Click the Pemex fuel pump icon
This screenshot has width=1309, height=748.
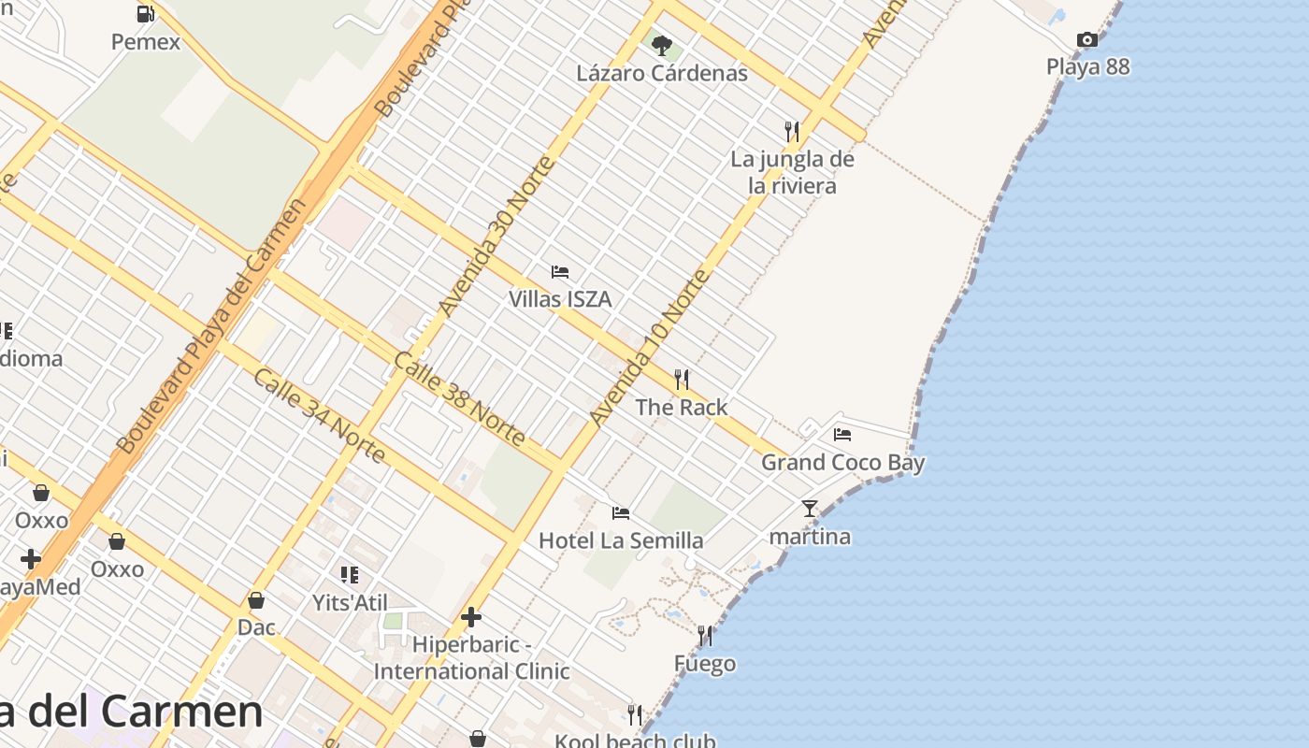(145, 14)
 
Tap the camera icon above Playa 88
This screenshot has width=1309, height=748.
(1086, 39)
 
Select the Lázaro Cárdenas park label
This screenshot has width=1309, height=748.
(662, 73)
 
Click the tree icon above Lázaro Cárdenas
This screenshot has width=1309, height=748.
(662, 45)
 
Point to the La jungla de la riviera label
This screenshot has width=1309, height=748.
(792, 172)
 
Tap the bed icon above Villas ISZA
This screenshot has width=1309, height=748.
(560, 272)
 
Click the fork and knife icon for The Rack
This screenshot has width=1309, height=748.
(682, 379)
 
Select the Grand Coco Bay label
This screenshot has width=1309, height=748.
(842, 462)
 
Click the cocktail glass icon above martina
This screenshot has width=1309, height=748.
(810, 509)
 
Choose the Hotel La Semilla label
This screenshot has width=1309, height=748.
(621, 540)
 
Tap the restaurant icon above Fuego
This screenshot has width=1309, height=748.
(705, 636)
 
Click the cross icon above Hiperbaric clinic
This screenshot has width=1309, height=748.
(471, 617)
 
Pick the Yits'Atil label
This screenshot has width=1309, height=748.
(350, 603)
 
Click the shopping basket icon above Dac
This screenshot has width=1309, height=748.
(256, 599)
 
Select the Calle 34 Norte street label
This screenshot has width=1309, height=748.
(319, 416)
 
